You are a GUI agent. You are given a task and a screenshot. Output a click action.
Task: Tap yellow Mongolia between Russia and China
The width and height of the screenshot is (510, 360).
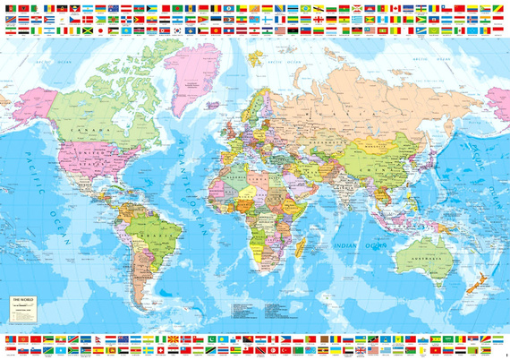(385, 134)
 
